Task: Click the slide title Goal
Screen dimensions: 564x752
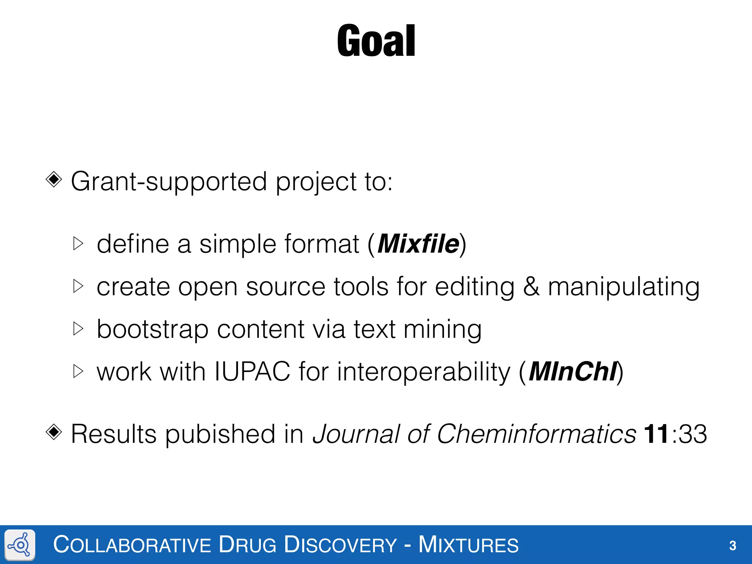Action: click(376, 41)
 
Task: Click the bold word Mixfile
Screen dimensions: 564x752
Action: click(418, 244)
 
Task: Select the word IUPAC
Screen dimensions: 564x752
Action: click(252, 372)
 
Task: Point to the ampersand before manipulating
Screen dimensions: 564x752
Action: click(531, 287)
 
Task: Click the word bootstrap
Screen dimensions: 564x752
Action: click(152, 329)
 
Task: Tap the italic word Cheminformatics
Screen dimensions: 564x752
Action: click(536, 434)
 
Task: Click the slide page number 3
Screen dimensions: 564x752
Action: click(733, 546)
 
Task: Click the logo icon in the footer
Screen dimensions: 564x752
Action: click(20, 545)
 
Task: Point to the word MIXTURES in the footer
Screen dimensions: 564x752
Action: click(469, 545)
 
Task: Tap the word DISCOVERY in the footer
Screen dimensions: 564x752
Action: click(340, 545)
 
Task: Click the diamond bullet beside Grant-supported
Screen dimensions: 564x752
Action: click(54, 180)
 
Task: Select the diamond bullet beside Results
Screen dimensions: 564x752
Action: click(54, 432)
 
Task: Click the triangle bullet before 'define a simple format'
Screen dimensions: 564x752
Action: click(78, 243)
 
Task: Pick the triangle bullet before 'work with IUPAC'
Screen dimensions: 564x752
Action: click(78, 371)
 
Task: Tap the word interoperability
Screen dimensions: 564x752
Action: click(423, 372)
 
